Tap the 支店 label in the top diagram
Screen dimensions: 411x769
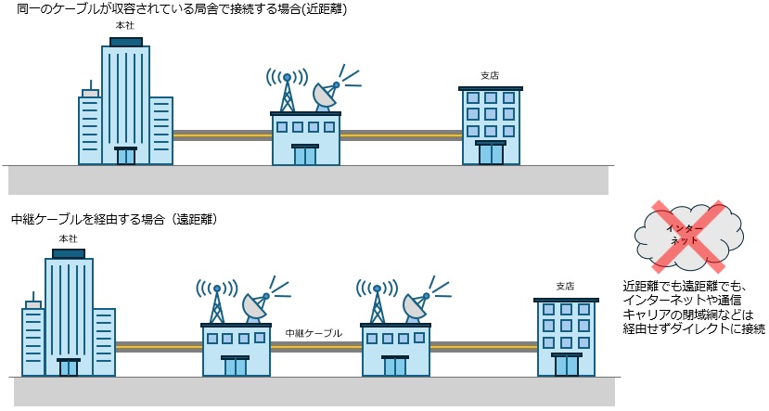point(489,75)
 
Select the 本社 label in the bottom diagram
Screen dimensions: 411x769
point(68,239)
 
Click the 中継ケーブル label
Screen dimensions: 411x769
point(314,332)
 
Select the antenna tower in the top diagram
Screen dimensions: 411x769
point(288,91)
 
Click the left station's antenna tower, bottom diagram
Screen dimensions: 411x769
point(216,300)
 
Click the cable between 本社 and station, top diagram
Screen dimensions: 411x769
point(222,135)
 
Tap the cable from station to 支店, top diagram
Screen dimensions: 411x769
point(401,135)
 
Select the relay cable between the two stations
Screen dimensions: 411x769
point(315,346)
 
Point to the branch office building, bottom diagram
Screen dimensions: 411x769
point(565,337)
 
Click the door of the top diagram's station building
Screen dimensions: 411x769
point(305,155)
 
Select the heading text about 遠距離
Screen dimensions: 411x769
point(113,220)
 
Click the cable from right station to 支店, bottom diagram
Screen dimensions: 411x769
point(483,346)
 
